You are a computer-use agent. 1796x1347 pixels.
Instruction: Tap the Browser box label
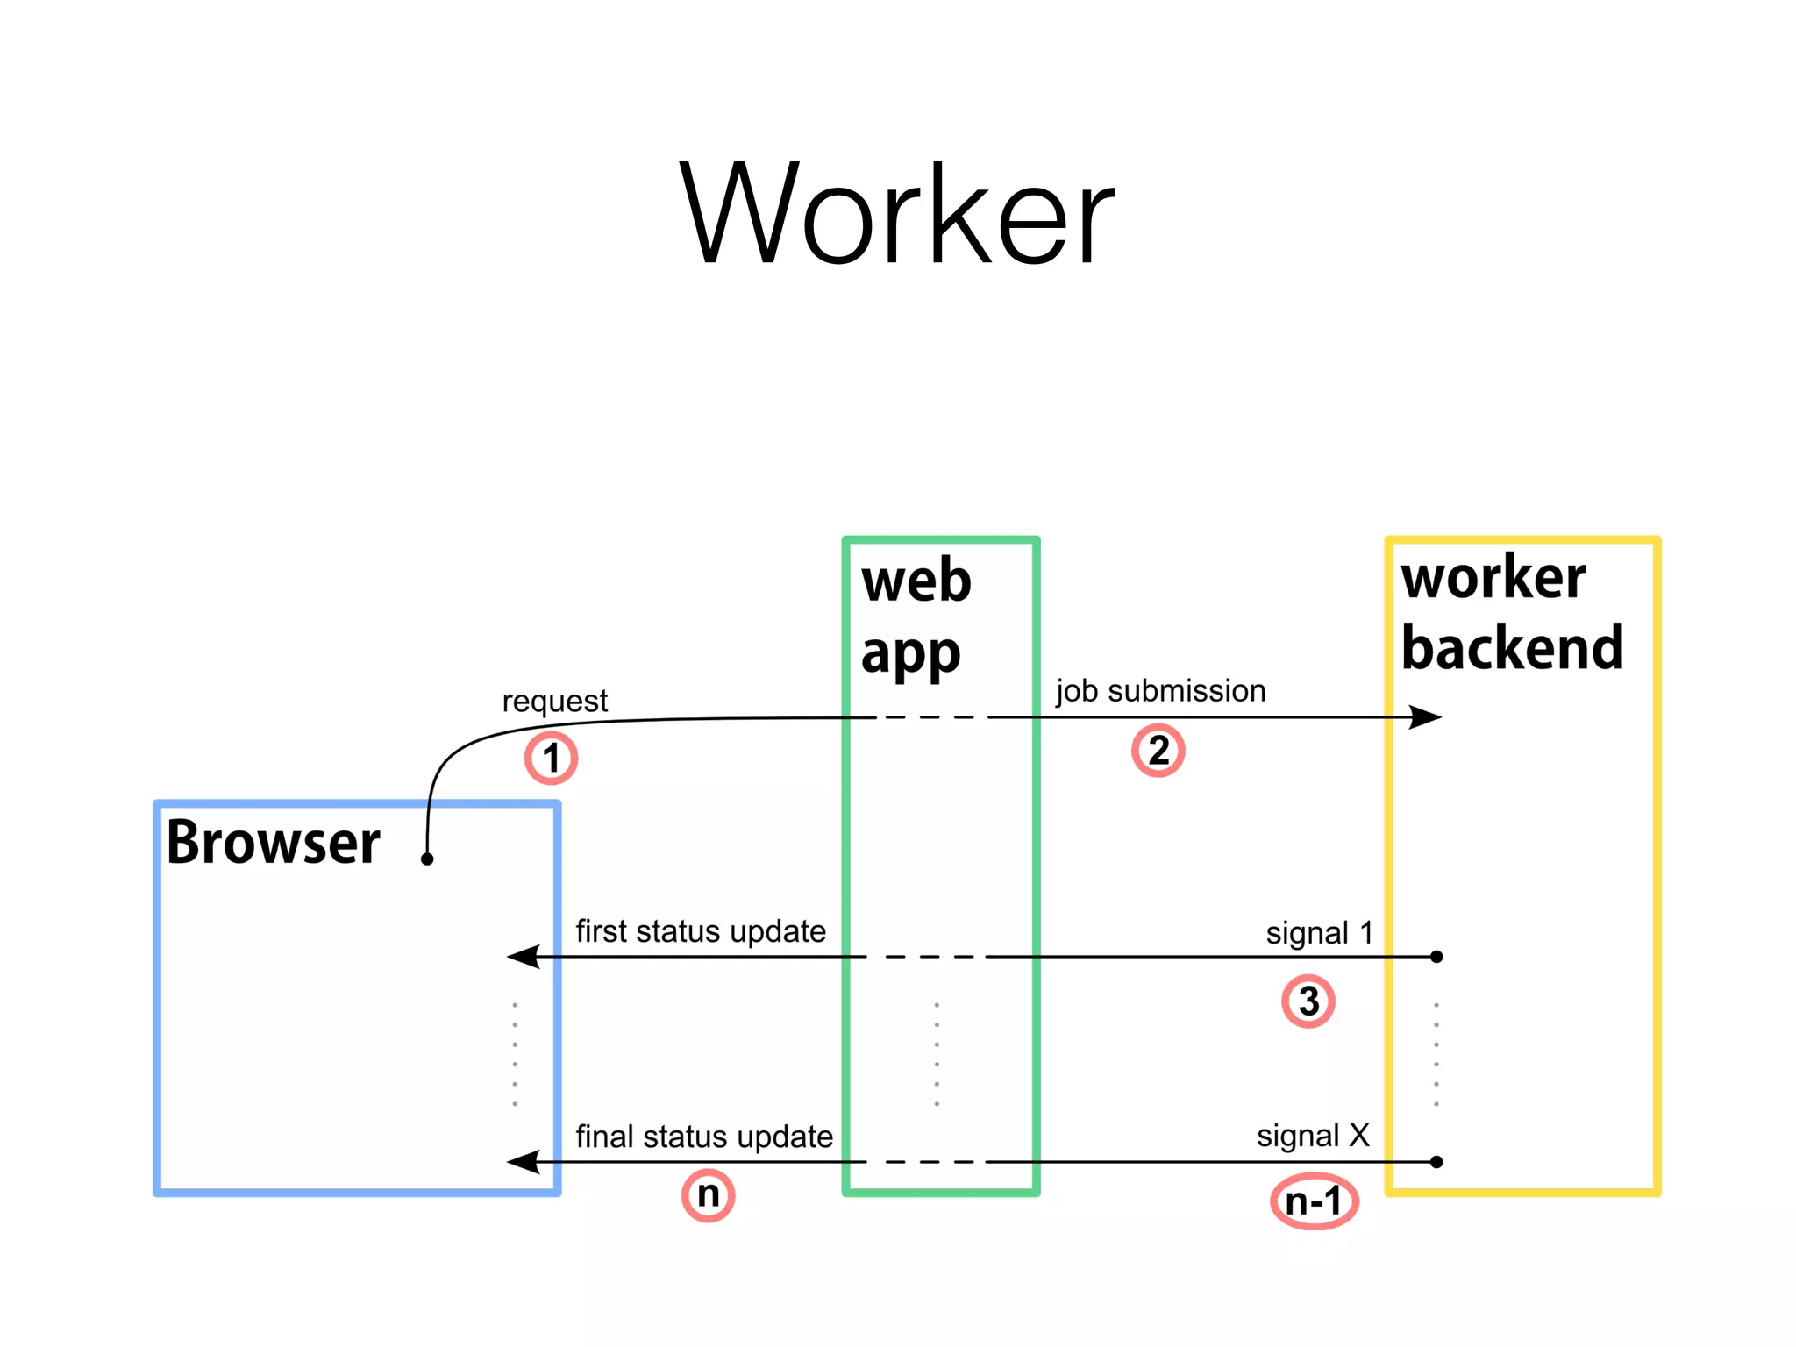coord(273,843)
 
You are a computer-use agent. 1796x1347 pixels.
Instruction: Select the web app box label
coord(916,616)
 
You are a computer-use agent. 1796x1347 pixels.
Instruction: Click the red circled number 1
coord(551,759)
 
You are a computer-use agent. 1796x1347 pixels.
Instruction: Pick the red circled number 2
coord(1158,751)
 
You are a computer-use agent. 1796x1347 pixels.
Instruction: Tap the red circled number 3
coord(1308,1001)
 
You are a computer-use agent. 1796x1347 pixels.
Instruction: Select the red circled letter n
coord(708,1194)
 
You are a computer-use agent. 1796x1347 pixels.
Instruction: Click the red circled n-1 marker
coord(1314,1201)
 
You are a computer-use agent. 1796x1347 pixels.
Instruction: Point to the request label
coord(554,702)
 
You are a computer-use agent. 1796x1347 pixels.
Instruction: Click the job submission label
coord(1160,691)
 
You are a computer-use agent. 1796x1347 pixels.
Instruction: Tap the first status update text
coord(700,931)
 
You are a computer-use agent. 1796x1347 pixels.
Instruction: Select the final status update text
coord(704,1137)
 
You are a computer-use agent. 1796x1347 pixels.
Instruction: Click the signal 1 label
coord(1319,933)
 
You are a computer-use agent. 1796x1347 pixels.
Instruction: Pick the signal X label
coord(1313,1136)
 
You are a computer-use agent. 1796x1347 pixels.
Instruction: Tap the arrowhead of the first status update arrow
coord(523,957)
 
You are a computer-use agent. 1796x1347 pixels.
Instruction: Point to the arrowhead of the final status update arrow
coord(523,1163)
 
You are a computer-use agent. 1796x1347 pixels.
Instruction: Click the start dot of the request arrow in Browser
coord(427,859)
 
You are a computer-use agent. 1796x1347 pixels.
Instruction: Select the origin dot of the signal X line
coord(1436,1162)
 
